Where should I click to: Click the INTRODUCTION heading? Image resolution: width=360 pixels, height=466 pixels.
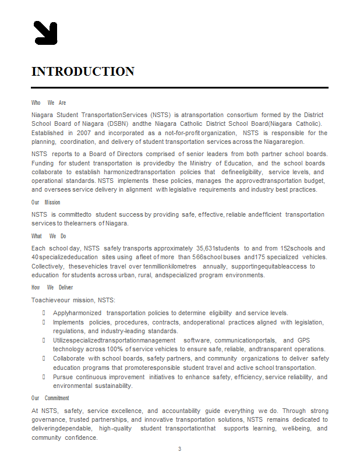83,72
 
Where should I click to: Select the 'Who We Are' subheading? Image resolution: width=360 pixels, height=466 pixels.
48,103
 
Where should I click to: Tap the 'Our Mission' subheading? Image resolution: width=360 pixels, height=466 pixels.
45,202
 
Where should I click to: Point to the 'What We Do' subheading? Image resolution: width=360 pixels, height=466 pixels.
48,236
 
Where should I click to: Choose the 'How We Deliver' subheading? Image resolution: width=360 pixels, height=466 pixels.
52,287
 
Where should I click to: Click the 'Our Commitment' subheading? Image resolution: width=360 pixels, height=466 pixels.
50,398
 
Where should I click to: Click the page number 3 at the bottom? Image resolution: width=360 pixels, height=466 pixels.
179,449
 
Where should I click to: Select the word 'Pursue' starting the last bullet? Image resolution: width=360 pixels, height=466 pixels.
63,377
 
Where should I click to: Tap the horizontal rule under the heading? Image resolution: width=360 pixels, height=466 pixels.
179,87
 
